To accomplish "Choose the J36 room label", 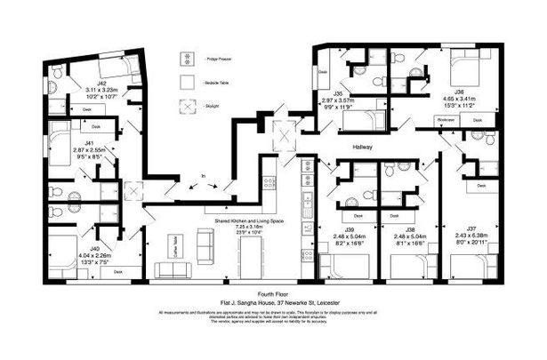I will pyautogui.click(x=459, y=92).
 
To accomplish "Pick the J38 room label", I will pyautogui.click(x=411, y=228).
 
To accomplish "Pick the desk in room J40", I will pyautogui.click(x=117, y=274).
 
